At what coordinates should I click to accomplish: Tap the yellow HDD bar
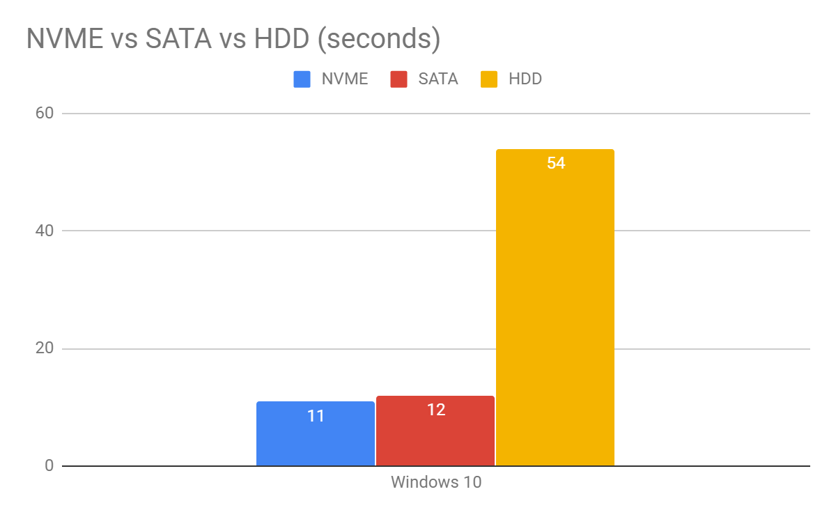pyautogui.click(x=555, y=314)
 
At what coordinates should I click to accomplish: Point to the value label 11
pyautogui.click(x=316, y=416)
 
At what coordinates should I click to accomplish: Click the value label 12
pyautogui.click(x=435, y=410)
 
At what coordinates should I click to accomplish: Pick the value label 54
pyautogui.click(x=555, y=164)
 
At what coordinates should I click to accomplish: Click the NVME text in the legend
pyautogui.click(x=344, y=79)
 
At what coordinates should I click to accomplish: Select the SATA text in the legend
pyautogui.click(x=438, y=79)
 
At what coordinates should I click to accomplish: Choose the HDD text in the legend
pyautogui.click(x=525, y=79)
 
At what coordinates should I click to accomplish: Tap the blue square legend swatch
pyautogui.click(x=302, y=79)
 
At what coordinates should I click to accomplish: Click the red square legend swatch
pyautogui.click(x=399, y=79)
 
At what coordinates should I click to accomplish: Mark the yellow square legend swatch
pyautogui.click(x=489, y=79)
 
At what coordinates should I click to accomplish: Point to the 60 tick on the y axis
pyautogui.click(x=44, y=113)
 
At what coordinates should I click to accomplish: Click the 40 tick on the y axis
pyautogui.click(x=44, y=231)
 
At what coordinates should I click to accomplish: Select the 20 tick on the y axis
pyautogui.click(x=44, y=348)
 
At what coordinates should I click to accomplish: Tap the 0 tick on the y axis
pyautogui.click(x=49, y=465)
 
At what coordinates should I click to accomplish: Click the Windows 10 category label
pyautogui.click(x=435, y=482)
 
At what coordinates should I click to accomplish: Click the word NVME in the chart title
pyautogui.click(x=65, y=39)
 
